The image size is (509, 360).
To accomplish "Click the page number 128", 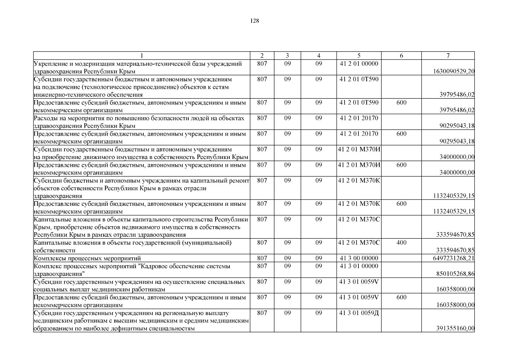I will tap(254, 21).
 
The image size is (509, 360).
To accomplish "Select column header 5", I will tap(359, 55).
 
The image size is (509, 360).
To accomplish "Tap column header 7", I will tap(448, 55).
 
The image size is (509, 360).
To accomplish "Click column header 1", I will tap(142, 55).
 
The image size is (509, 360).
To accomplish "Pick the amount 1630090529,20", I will tap(454, 71).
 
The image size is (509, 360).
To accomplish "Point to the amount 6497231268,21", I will tap(454, 258).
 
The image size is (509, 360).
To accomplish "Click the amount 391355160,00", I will tap(455, 328).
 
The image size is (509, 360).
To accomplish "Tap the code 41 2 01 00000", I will tap(359, 64).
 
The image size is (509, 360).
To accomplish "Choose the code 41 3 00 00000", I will tap(359, 258).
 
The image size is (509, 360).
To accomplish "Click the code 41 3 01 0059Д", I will tap(359, 313).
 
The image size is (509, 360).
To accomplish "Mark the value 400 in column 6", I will tap(401, 242).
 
